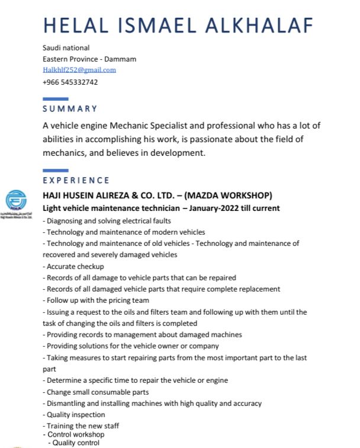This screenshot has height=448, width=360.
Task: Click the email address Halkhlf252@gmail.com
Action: point(79,70)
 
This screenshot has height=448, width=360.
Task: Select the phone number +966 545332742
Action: point(70,82)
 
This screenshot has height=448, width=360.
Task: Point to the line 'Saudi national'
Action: point(66,47)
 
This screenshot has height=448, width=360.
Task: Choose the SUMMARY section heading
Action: point(70,108)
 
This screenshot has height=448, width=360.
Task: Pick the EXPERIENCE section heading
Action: point(76,180)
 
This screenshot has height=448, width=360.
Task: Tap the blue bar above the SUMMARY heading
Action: point(56,98)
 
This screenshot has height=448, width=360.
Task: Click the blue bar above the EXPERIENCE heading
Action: point(56,171)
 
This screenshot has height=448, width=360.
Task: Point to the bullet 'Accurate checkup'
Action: point(75,267)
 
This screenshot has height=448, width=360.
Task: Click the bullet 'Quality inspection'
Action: point(75,415)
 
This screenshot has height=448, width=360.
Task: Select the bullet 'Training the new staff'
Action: point(82,425)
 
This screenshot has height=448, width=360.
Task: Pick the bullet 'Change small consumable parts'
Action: point(97,392)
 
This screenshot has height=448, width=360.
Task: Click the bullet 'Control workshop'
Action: point(75,434)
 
